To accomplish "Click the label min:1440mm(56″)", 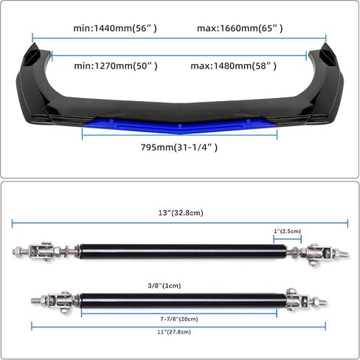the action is coord(115,29).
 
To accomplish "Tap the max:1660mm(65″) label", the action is coord(240,29).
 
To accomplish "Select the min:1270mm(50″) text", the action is coord(116,66).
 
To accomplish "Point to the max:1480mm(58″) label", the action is coord(234,66).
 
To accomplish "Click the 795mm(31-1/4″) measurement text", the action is coord(179,148).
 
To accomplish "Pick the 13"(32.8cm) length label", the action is coord(181,212).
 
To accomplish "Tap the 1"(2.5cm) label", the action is coord(288,231).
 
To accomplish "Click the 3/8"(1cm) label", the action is coord(165,285).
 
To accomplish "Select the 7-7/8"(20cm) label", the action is coord(179,319).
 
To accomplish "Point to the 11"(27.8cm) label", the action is coord(174,332).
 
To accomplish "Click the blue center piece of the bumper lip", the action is coord(179,125).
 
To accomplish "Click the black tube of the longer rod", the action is coord(183,252).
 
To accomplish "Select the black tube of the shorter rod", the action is coord(184,301).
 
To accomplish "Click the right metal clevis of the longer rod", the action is coord(319,253).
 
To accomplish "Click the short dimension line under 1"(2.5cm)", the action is coord(288,239).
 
